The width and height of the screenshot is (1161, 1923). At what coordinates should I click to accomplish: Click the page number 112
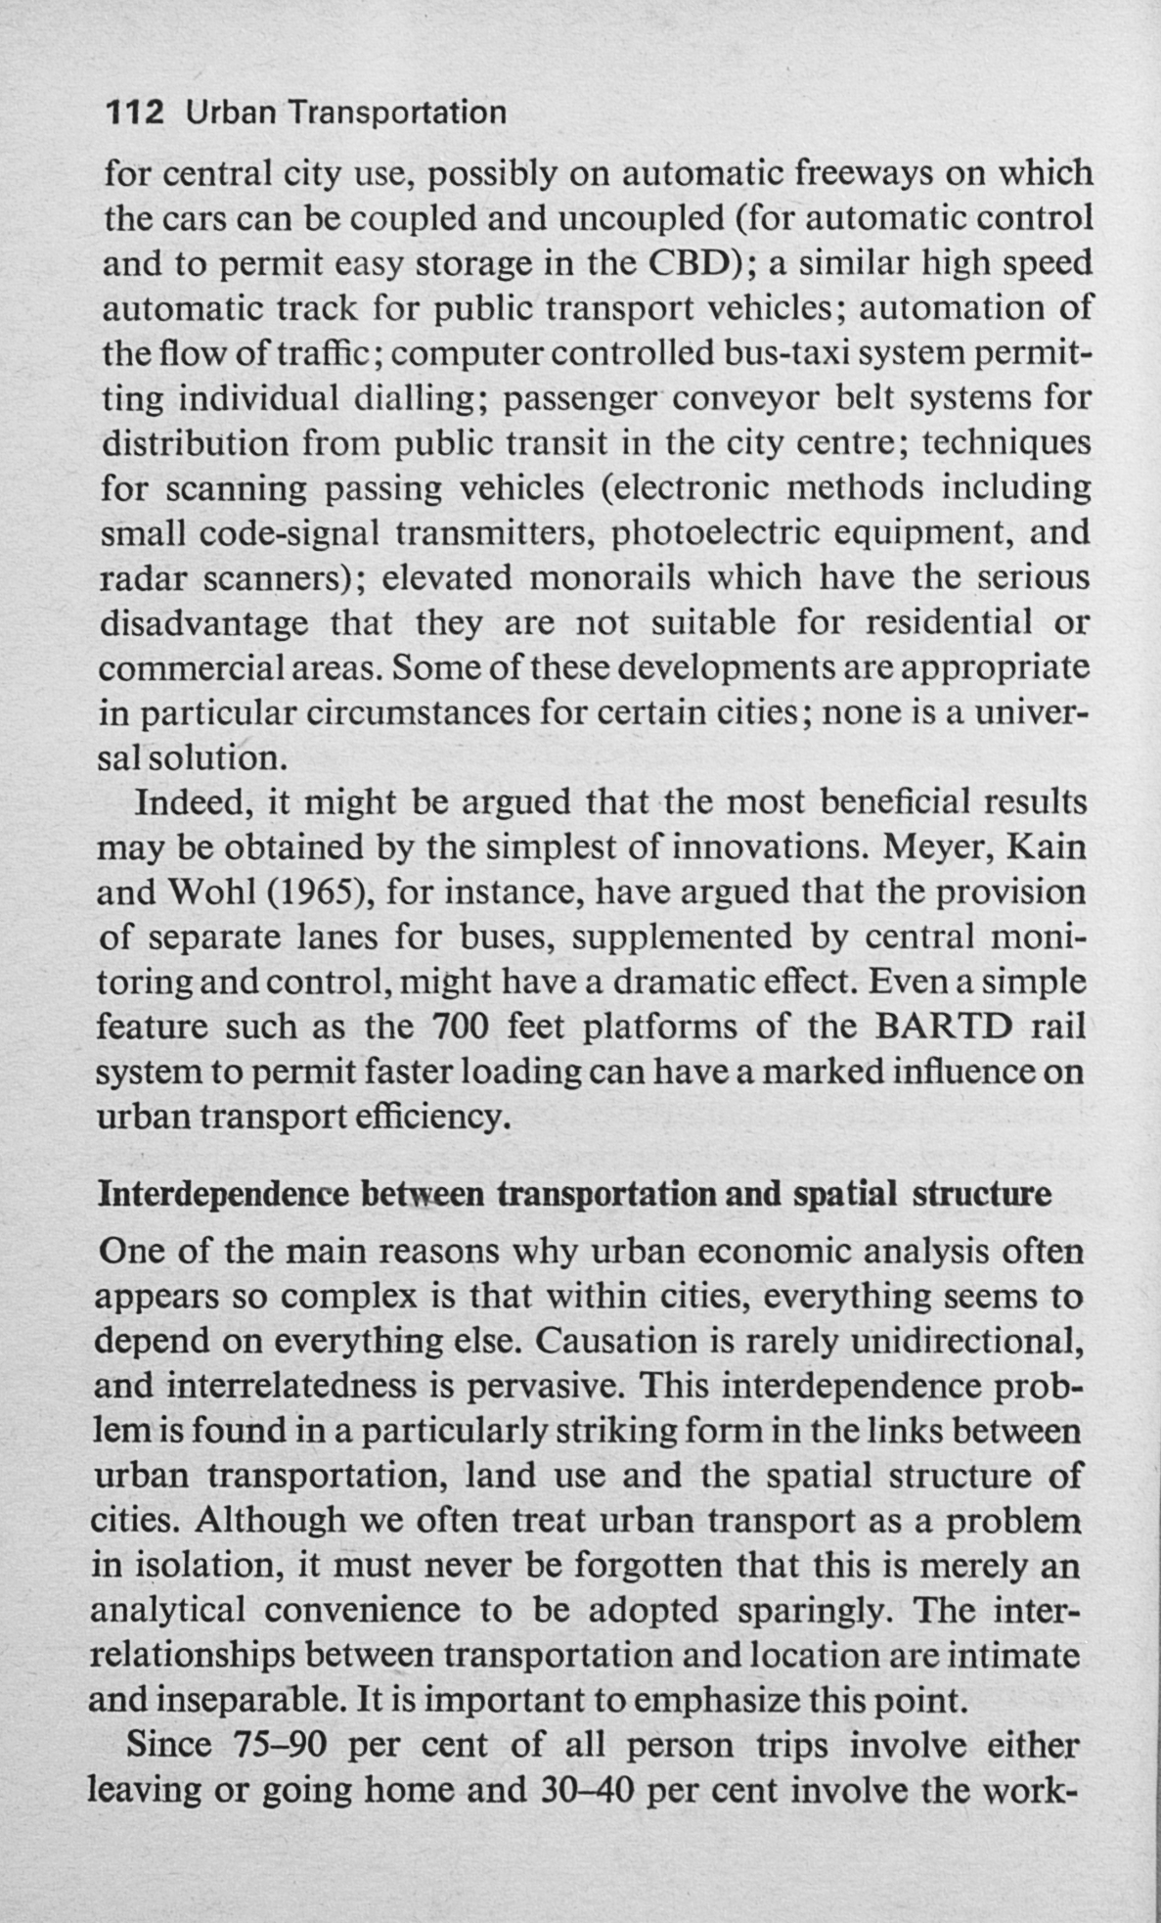pos(135,114)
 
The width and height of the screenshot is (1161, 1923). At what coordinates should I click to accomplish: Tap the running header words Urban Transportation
pos(346,114)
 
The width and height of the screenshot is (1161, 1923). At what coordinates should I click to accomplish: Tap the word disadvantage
pos(204,622)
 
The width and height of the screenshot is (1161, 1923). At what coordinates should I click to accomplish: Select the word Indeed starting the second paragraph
pos(194,802)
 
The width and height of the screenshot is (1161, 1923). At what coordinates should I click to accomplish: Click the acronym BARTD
pos(943,1027)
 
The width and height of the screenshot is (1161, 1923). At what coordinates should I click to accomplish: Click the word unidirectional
pos(966,1340)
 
